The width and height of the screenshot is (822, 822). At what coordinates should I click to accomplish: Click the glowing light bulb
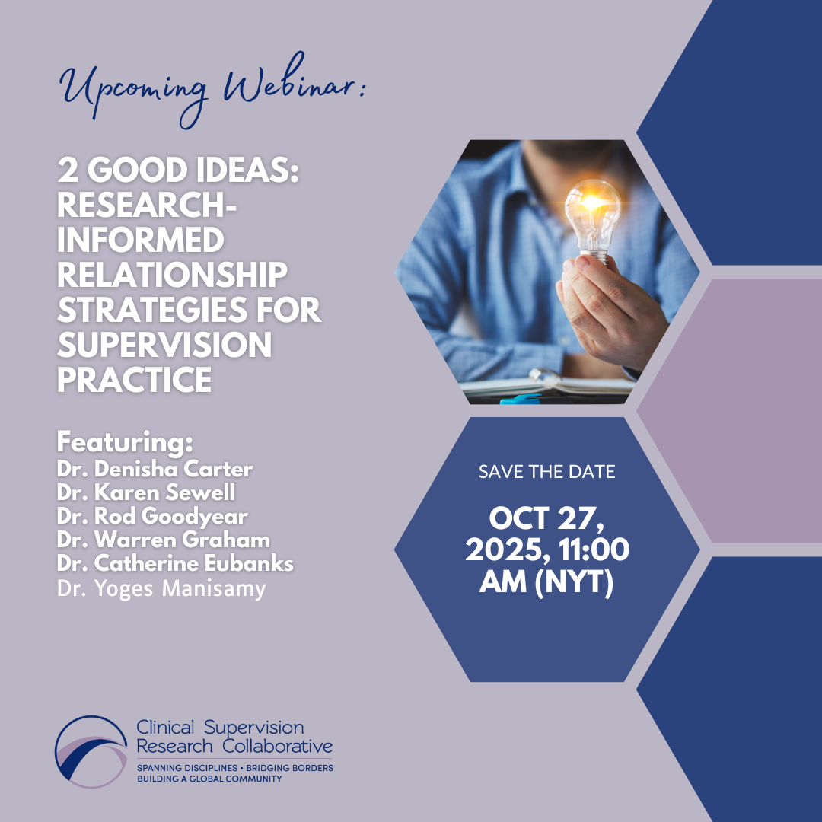pos(592,219)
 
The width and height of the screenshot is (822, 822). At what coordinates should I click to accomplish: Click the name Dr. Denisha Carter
pos(155,469)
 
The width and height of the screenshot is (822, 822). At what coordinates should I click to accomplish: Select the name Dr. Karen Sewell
pos(145,492)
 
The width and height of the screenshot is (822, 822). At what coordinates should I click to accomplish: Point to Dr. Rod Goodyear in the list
pos(152,516)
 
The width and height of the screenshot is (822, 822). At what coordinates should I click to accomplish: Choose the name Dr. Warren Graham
pos(163,540)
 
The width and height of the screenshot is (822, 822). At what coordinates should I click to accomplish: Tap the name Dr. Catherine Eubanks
pos(174,563)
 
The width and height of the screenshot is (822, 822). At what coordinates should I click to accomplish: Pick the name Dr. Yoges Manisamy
pos(161,588)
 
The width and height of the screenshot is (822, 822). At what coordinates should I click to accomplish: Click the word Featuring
pos(125,442)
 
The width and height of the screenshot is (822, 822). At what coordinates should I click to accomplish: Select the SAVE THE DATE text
pos(546,472)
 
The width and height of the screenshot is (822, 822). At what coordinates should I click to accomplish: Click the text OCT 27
pos(546,518)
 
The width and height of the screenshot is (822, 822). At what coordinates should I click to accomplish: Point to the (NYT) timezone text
pos(574,581)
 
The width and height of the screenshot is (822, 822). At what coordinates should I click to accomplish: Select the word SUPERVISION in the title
pos(164,345)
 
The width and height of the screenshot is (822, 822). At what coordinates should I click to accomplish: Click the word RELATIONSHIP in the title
pos(172,275)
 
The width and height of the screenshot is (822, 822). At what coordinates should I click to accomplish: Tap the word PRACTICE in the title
pos(134,380)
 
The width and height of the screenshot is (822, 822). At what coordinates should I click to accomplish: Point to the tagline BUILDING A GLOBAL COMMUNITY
pos(209,779)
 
